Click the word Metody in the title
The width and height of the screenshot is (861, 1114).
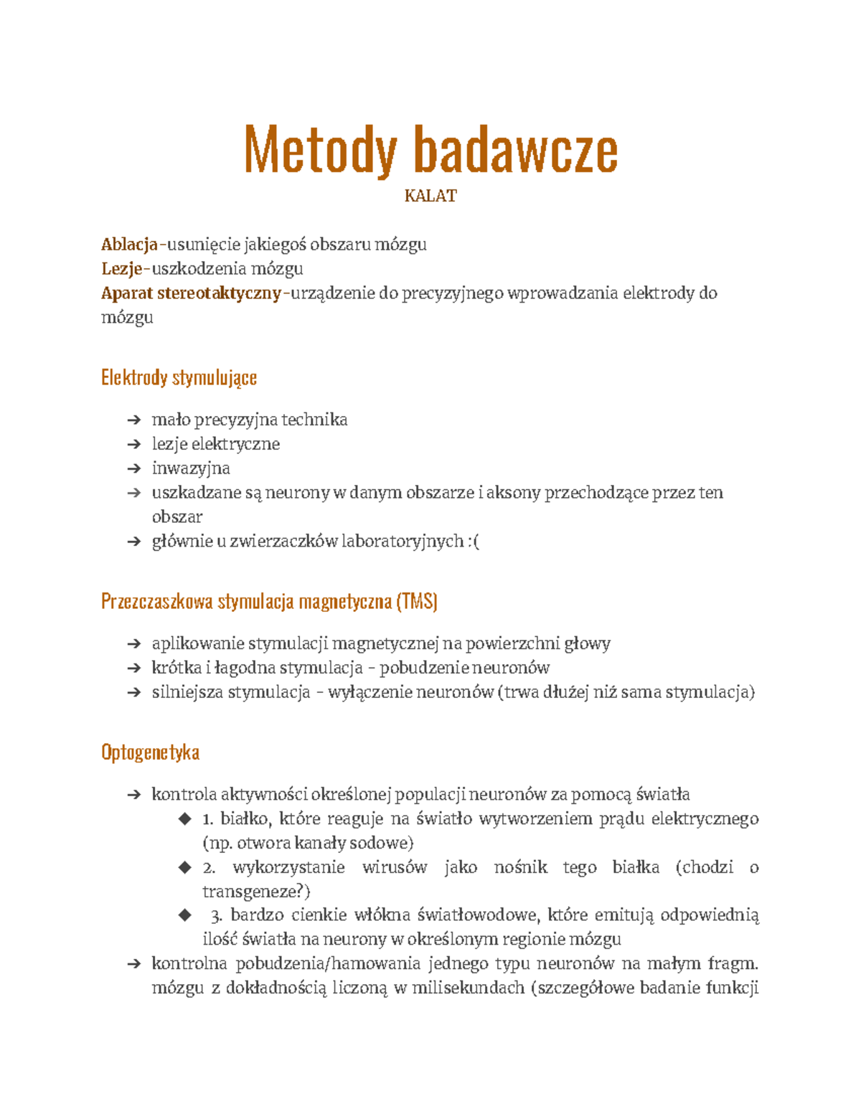point(320,150)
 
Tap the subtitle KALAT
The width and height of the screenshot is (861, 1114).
point(430,196)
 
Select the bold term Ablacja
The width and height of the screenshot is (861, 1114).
point(129,245)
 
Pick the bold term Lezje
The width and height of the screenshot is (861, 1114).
point(122,269)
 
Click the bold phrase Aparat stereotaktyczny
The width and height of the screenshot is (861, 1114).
point(191,293)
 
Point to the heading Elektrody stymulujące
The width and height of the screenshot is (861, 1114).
point(179,377)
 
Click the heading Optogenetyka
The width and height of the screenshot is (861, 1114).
point(150,752)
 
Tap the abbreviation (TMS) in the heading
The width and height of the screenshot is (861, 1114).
point(416,601)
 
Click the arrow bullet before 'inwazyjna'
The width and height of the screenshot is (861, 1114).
point(133,469)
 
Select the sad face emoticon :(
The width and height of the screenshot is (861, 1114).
point(473,542)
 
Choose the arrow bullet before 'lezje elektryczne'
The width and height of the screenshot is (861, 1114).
point(133,445)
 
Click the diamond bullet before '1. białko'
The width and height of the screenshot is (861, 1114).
point(185,818)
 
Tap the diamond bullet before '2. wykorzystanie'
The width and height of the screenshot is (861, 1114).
point(185,867)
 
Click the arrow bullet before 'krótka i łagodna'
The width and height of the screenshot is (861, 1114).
point(133,669)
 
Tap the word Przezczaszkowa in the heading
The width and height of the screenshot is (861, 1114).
point(156,601)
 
